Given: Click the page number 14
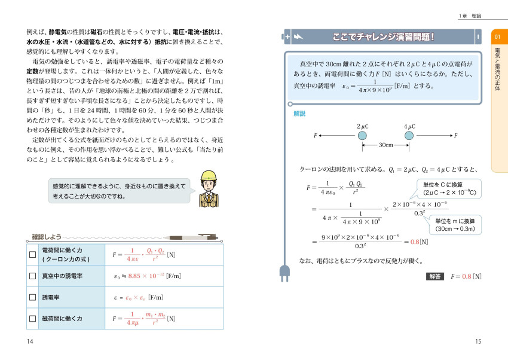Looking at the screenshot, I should point(30,341).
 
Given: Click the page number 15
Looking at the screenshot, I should point(478,341).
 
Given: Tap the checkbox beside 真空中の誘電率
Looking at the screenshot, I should point(33,276).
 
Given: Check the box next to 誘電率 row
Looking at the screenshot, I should point(33,297).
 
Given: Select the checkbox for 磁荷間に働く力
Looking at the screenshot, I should point(33,319).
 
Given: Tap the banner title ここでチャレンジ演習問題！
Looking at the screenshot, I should point(383,37).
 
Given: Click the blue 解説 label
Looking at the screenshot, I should point(299,114).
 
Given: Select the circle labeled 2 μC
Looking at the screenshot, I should point(363,136).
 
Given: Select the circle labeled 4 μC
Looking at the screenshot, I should point(409,136).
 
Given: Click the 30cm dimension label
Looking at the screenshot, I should point(386,145).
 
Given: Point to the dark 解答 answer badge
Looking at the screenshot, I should point(434,276).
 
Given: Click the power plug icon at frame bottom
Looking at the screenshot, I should point(284,272).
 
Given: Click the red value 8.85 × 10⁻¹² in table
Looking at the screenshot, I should point(147,276).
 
